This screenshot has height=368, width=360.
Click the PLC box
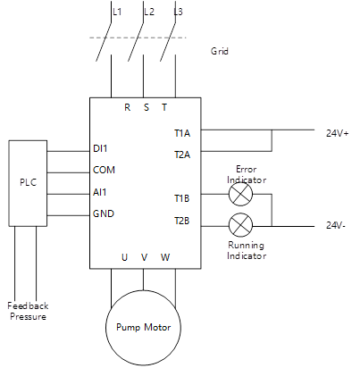[x=28, y=182]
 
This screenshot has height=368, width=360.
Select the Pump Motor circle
[x=144, y=327]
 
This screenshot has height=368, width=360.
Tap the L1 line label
[x=117, y=13]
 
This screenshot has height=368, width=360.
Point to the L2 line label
[x=149, y=13]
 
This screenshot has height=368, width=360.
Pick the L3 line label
[x=180, y=13]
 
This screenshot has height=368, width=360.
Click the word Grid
[x=220, y=52]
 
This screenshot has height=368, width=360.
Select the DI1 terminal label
[x=101, y=147]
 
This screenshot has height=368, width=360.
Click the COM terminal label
[x=104, y=169]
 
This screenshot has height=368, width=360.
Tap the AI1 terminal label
[x=100, y=191]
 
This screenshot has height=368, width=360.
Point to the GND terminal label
[x=103, y=213]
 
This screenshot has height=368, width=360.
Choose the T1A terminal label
[x=181, y=132]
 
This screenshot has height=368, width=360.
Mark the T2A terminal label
[x=181, y=154]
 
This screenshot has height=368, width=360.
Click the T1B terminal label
[x=181, y=198]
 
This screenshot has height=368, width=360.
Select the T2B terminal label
[x=181, y=220]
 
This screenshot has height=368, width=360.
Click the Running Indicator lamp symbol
[x=240, y=223]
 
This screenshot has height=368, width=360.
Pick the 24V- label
[x=337, y=226]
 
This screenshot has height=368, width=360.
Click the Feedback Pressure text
[x=28, y=311]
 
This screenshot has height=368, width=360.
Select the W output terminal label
[x=165, y=257]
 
